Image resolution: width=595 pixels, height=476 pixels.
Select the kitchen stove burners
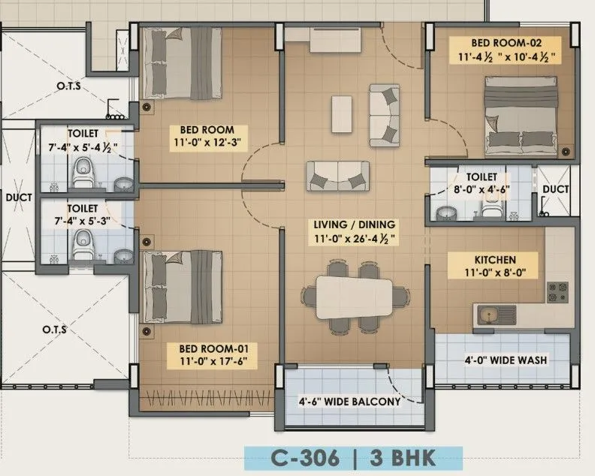557,293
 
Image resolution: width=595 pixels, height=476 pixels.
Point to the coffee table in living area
343,106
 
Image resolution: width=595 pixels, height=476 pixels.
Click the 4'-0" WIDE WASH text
506,360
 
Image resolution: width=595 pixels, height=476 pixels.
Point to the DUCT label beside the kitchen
555,189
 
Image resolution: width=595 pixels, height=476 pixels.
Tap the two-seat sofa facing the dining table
338,176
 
